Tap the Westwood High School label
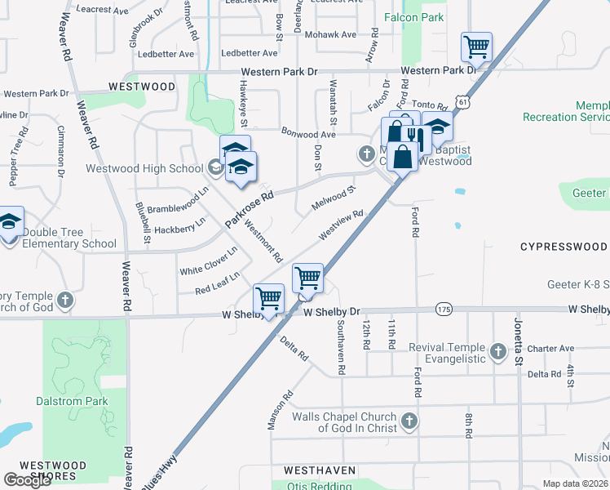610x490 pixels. pyautogui.click(x=144, y=169)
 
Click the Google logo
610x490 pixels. pyautogui.click(x=27, y=480)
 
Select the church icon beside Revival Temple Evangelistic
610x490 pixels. pyautogui.click(x=498, y=353)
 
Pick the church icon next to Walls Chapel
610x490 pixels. pyautogui.click(x=409, y=422)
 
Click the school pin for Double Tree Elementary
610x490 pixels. pyautogui.click(x=10, y=221)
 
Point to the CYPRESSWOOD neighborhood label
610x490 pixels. pyautogui.click(x=564, y=247)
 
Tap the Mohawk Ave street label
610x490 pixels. pyautogui.click(x=330, y=35)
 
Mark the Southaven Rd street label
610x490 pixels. pyautogui.click(x=341, y=347)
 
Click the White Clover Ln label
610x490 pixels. pyautogui.click(x=208, y=261)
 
